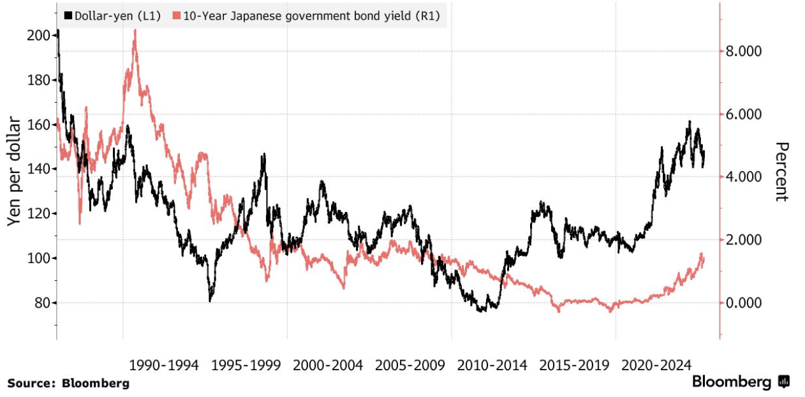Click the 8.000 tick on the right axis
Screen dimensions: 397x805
[x=744, y=52]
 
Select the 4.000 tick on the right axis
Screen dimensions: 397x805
[x=744, y=177]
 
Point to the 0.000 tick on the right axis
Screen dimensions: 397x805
[x=744, y=303]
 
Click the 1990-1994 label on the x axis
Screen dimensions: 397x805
[x=164, y=366]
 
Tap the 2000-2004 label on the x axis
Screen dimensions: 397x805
[x=328, y=366]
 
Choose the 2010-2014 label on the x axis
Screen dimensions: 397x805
[x=492, y=366]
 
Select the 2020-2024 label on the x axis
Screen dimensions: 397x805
[x=656, y=366]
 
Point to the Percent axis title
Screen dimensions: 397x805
[x=782, y=172]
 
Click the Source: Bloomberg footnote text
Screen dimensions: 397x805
[x=68, y=384]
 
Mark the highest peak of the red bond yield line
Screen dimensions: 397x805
[x=135, y=31]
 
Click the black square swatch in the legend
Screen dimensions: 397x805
[x=67, y=15]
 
